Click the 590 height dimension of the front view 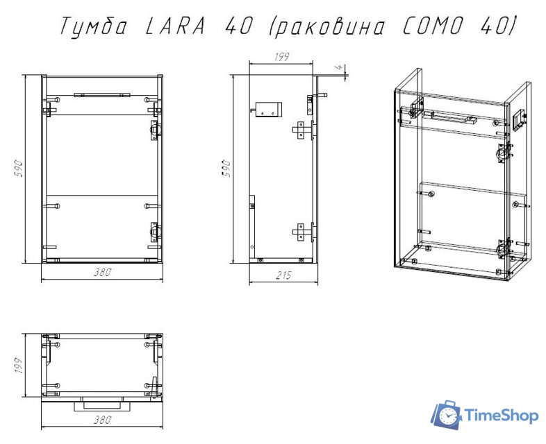click(20, 169)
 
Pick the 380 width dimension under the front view click(102, 273)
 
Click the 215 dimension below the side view click(283, 275)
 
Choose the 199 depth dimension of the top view click(19, 365)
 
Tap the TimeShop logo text click(500, 416)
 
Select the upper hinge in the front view click(154, 129)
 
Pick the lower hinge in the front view click(154, 231)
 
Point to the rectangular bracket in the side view click(268, 109)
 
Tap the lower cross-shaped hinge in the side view click(300, 230)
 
